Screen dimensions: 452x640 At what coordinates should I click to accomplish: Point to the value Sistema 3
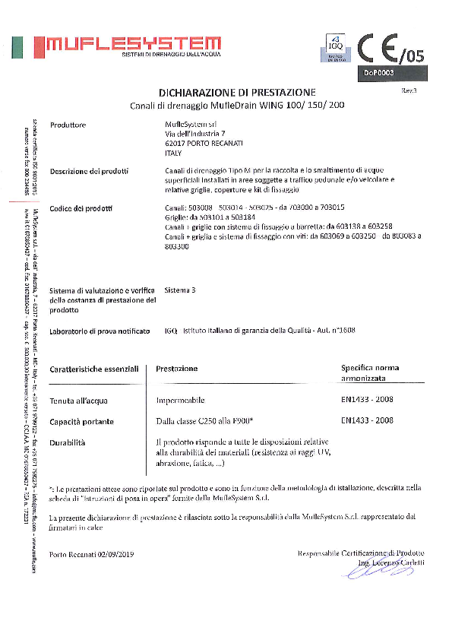coord(180,290)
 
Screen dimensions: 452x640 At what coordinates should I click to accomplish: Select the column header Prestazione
coord(177,369)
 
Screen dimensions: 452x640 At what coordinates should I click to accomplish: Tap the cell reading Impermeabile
coord(180,400)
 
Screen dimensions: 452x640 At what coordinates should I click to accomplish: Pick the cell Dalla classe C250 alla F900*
coord(204,420)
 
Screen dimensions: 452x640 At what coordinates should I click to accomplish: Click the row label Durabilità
coord(68,442)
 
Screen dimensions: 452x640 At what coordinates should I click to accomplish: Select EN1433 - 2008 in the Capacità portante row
coord(367,420)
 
